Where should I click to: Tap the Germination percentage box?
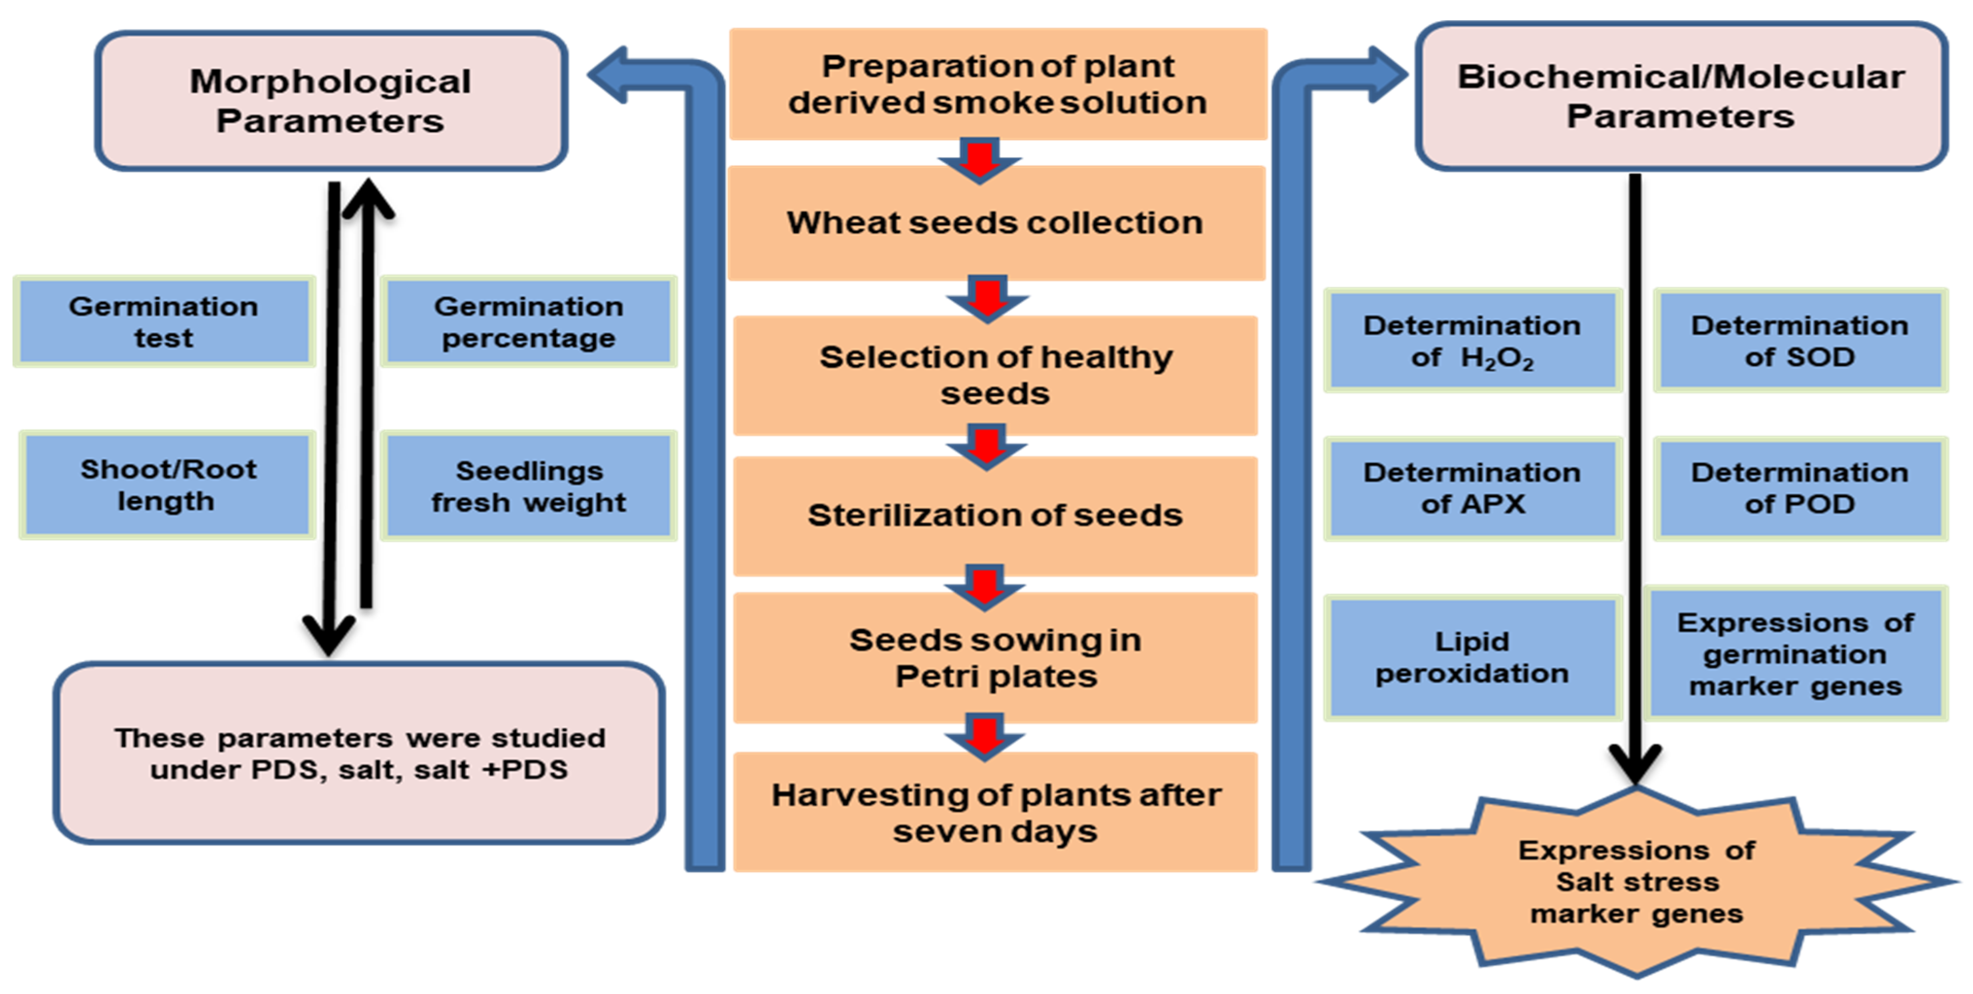[528, 322]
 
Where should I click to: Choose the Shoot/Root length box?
[167, 485]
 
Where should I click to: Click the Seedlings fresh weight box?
[528, 486]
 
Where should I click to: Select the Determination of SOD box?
[1799, 341]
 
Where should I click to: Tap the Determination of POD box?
[1799, 488]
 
